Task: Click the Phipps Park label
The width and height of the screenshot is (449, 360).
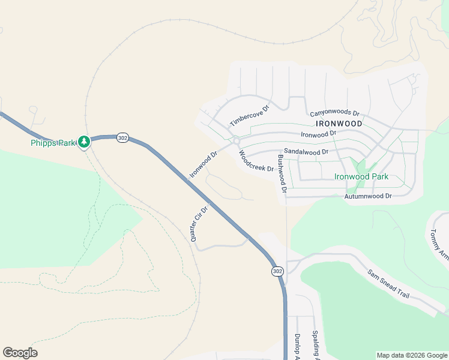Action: [53, 143]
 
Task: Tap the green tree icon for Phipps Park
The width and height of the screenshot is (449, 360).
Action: [85, 142]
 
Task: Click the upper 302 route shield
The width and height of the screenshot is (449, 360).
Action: [122, 138]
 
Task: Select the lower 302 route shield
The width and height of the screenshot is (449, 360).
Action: [277, 271]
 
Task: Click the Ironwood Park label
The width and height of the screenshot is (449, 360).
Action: [361, 176]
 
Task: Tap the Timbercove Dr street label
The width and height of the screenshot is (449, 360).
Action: [250, 115]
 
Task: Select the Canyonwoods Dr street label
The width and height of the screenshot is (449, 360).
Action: [334, 113]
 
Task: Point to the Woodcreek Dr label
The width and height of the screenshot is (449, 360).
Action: [256, 160]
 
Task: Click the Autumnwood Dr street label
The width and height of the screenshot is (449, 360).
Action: [368, 196]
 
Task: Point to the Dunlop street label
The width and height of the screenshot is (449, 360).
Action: [297, 346]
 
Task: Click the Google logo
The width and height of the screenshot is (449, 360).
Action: [20, 353]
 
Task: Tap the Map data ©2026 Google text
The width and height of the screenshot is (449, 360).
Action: [411, 355]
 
